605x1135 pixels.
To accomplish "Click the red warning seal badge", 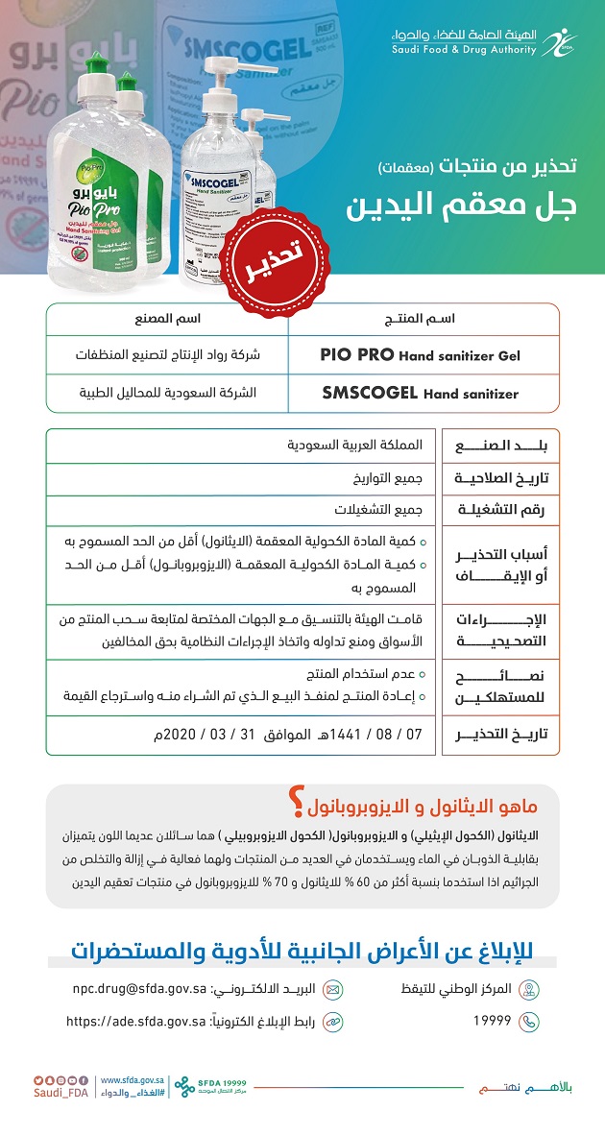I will tap(266, 243).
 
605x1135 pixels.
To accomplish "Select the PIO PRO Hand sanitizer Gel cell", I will tap(420, 355).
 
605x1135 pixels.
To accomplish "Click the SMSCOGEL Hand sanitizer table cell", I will tap(420, 393).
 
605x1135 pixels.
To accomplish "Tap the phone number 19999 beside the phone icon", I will tap(492, 1022).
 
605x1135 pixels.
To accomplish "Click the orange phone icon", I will tap(528, 1022).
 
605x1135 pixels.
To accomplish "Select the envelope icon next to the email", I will tap(333, 988).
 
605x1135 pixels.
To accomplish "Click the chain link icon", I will tap(333, 1022).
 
